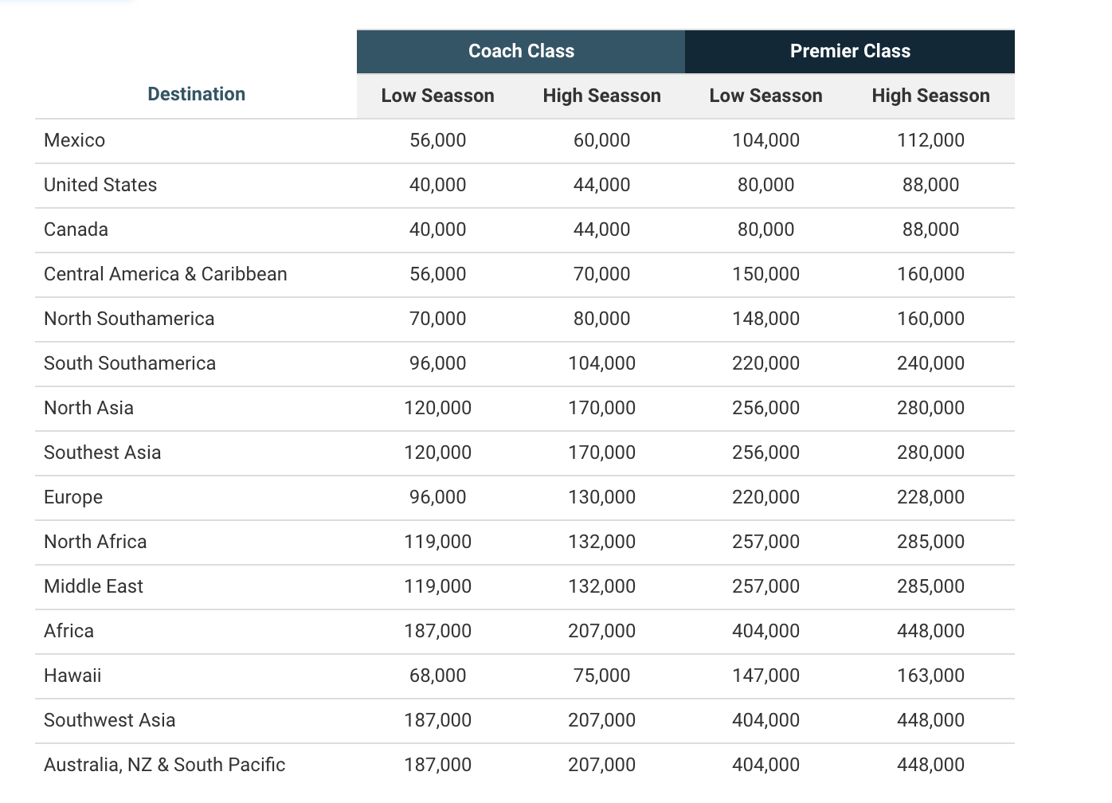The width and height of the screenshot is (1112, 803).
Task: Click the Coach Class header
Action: click(x=521, y=51)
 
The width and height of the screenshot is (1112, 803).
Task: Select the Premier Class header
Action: click(x=850, y=51)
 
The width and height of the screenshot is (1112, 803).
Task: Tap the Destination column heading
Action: click(x=197, y=94)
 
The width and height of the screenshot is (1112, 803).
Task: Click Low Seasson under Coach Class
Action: click(x=437, y=96)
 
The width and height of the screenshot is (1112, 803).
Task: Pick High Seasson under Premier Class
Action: click(x=931, y=96)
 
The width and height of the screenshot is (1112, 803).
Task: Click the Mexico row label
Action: click(x=74, y=140)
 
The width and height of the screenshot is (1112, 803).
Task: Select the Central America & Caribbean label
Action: click(x=166, y=273)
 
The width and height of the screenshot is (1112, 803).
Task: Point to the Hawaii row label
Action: click(x=72, y=676)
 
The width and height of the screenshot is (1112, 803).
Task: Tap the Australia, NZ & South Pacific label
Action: click(x=164, y=765)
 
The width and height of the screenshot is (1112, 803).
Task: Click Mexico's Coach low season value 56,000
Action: click(x=437, y=140)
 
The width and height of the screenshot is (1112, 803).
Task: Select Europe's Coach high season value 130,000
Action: click(x=601, y=497)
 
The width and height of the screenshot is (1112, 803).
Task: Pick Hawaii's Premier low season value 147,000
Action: click(x=765, y=676)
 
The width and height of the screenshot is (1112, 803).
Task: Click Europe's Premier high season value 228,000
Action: click(x=930, y=497)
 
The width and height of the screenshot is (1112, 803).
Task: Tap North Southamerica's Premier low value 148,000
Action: click(x=765, y=319)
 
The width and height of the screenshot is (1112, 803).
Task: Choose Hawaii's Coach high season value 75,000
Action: click(x=601, y=676)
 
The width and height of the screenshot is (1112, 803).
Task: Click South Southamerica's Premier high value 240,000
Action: click(x=930, y=363)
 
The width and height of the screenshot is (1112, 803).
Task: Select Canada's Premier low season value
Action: click(x=765, y=229)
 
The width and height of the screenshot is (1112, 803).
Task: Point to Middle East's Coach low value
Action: click(x=437, y=586)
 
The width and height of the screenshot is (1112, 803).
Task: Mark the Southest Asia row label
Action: click(x=102, y=452)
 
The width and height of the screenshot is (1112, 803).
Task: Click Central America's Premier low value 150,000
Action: click(x=765, y=273)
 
